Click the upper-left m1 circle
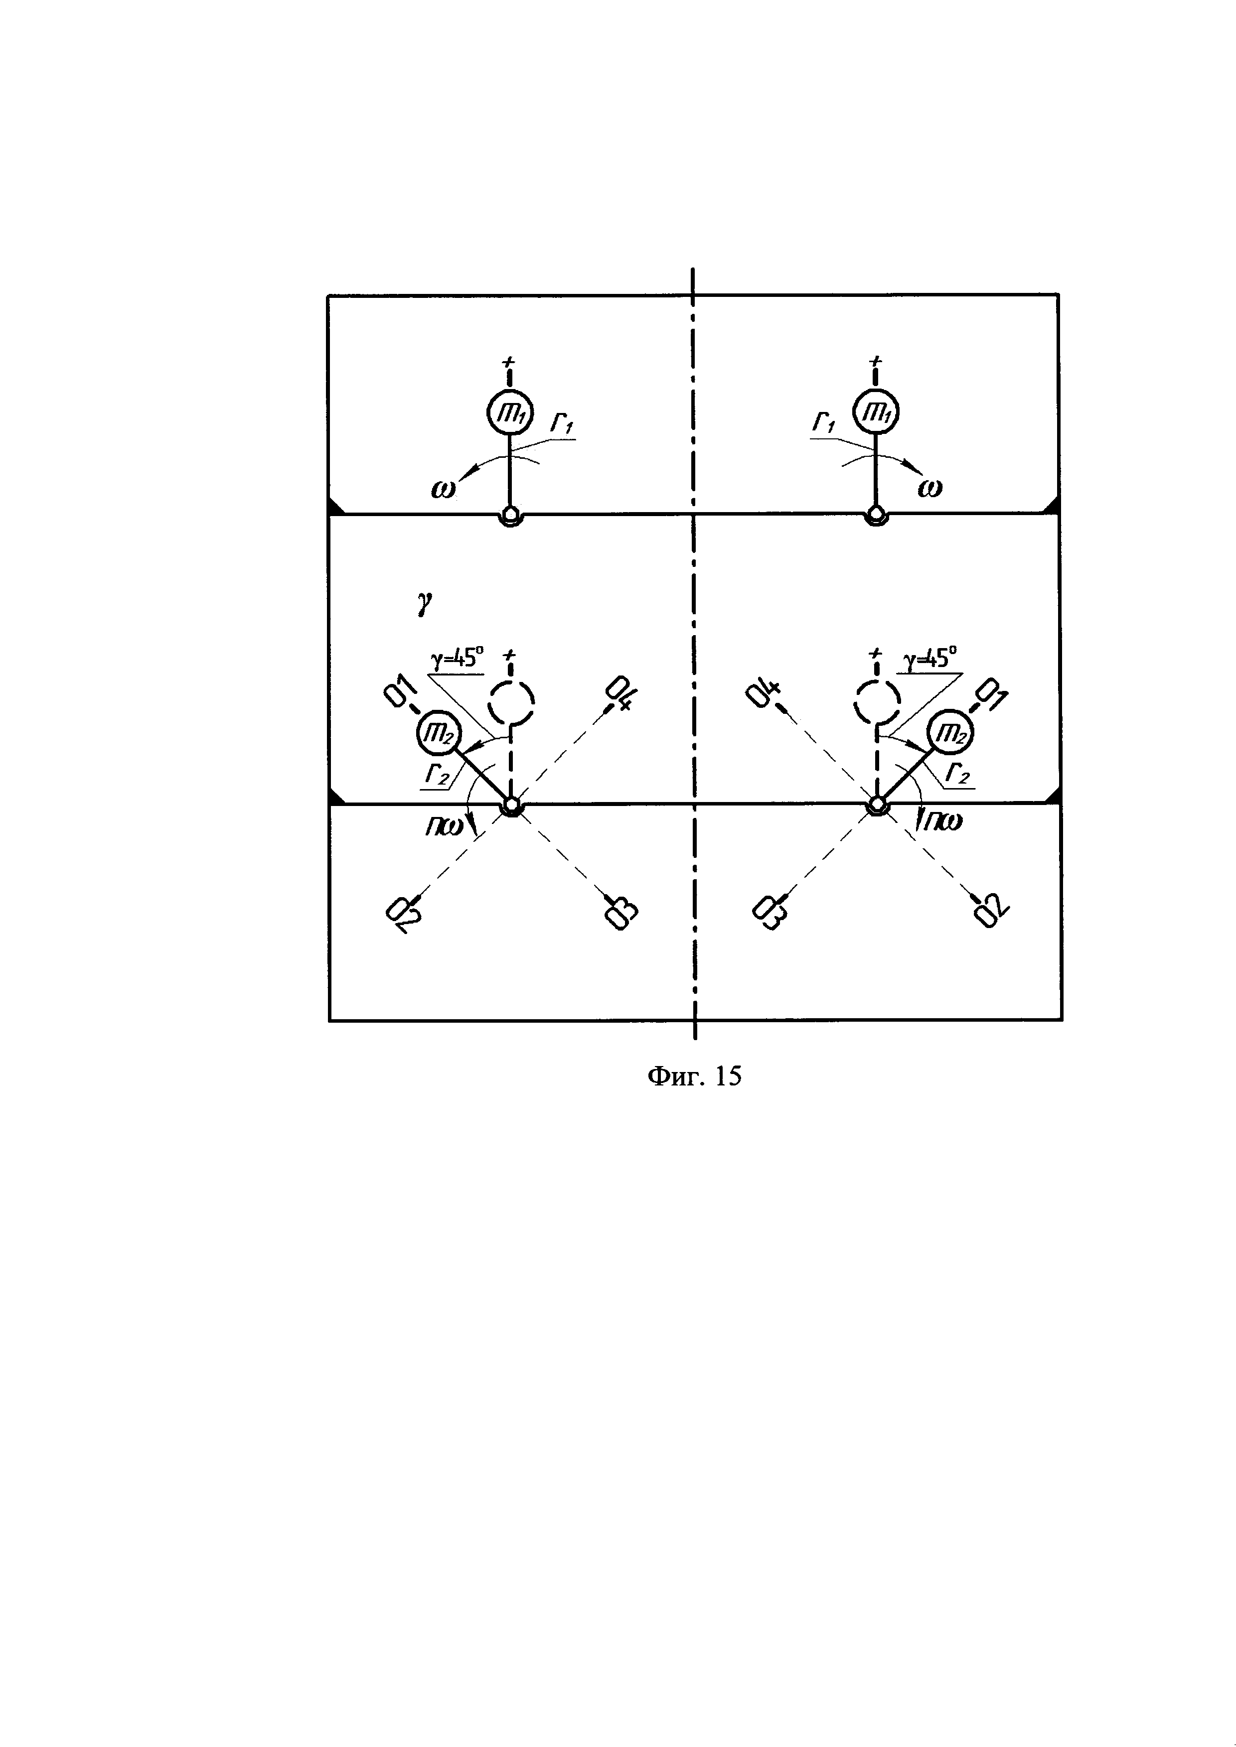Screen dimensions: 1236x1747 pos(510,413)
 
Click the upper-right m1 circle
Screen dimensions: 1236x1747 pos(875,413)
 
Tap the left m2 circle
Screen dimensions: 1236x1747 pos(439,733)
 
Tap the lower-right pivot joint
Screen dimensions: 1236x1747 pos(877,805)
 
